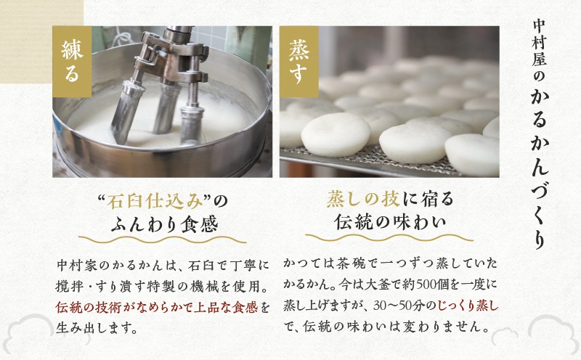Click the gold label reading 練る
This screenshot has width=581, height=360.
pyautogui.click(x=72, y=62)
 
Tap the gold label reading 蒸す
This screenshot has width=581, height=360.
pyautogui.click(x=299, y=62)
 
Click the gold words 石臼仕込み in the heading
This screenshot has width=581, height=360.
pyautogui.click(x=155, y=202)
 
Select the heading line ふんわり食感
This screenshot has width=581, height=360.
pyautogui.click(x=164, y=224)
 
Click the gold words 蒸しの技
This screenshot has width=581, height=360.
pyautogui.click(x=363, y=200)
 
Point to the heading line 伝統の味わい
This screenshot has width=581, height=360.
pyautogui.click(x=390, y=222)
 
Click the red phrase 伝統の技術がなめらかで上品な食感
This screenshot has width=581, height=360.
pyautogui.click(x=157, y=308)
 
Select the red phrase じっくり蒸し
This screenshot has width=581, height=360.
pyautogui.click(x=468, y=306)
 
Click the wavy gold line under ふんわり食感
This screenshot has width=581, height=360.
pyautogui.click(x=162, y=240)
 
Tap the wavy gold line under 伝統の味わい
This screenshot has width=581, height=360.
pyautogui.click(x=389, y=237)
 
